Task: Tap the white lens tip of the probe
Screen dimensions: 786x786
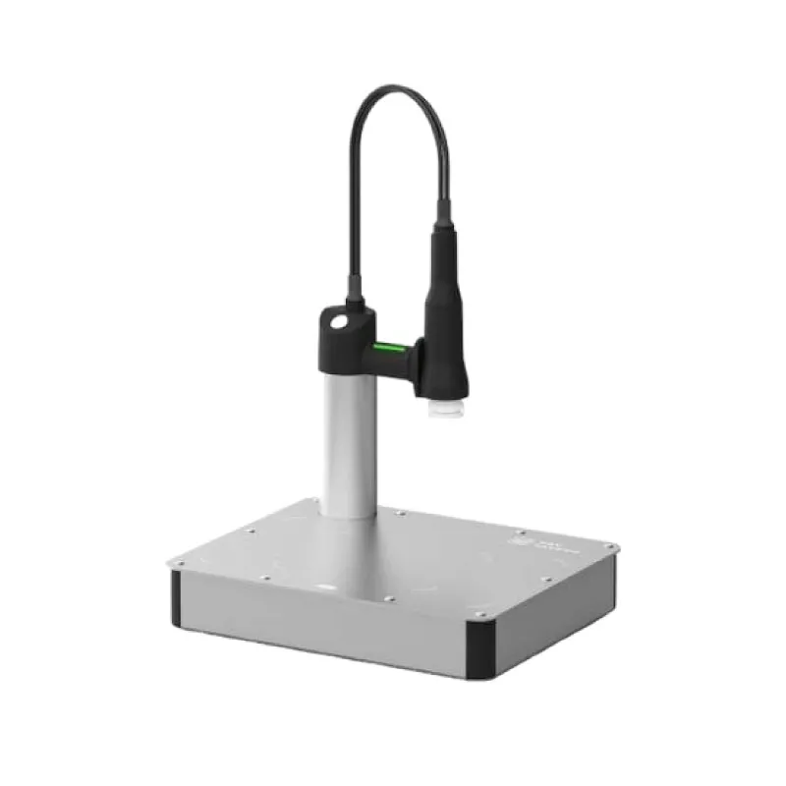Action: [x=441, y=403]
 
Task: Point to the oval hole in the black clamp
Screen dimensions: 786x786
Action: [x=338, y=321]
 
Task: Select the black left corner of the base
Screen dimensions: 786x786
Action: [x=176, y=597]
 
